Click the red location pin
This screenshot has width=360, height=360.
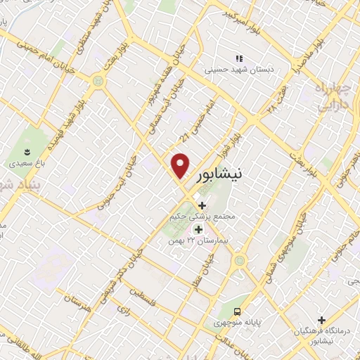coord(181,165)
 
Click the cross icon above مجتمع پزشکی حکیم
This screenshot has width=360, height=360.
coord(202,205)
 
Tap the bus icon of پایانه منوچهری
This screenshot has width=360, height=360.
coord(238,310)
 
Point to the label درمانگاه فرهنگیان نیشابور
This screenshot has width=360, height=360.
coord(322,333)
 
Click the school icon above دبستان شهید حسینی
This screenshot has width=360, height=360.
coord(238,58)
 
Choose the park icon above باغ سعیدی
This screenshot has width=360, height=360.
coord(27,151)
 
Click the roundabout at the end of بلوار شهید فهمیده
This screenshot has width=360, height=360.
coord(97,82)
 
